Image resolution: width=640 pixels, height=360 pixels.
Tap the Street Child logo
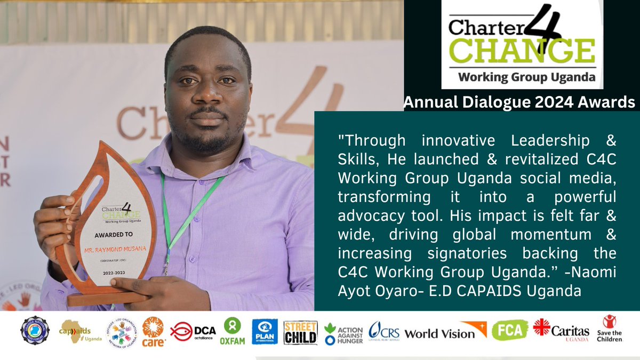300,332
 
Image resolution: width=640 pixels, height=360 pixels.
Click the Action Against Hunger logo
344,333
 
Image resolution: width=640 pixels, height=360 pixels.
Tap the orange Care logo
153,331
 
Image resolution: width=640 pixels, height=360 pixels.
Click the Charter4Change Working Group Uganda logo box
522,44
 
